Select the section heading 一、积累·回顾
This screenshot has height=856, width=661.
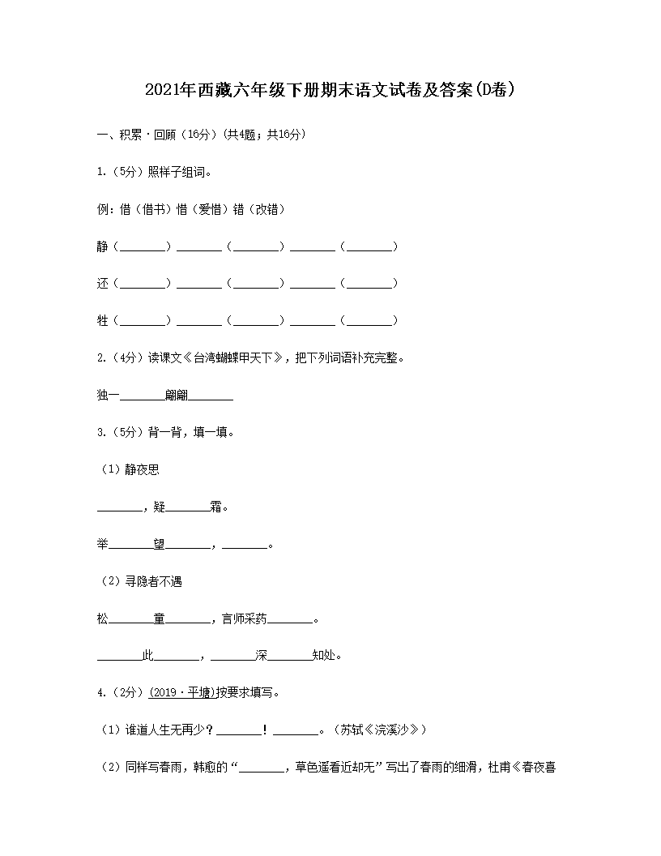click(135, 135)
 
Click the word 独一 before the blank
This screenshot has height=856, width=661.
click(108, 396)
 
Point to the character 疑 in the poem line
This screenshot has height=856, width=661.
click(160, 507)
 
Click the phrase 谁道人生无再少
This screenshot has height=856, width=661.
click(164, 730)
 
